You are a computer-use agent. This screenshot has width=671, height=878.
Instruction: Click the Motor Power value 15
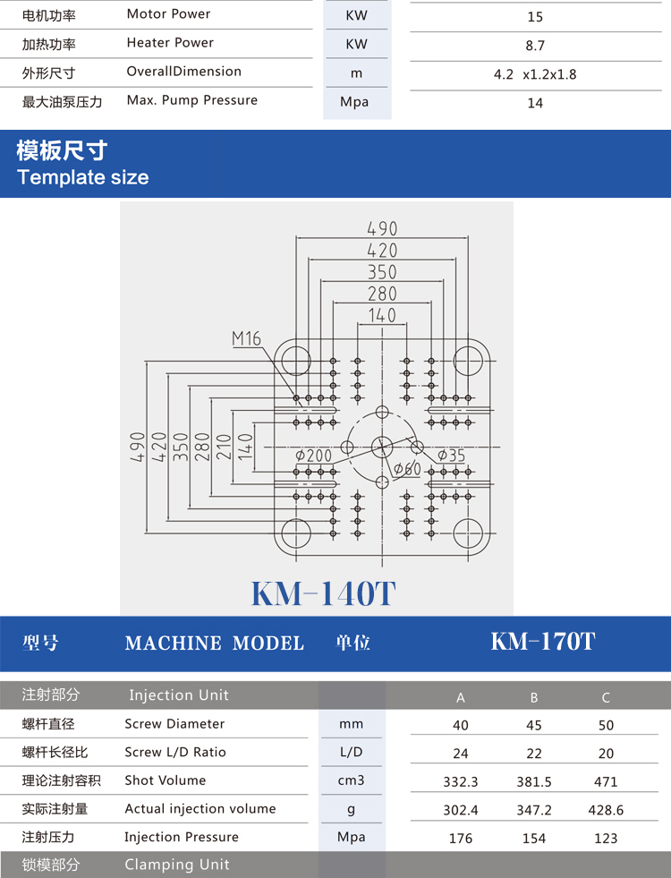click(535, 17)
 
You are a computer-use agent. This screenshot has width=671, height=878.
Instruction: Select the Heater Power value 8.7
click(535, 46)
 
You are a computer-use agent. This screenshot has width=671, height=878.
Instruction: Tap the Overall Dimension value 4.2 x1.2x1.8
click(535, 74)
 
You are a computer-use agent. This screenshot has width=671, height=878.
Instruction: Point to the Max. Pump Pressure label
click(191, 100)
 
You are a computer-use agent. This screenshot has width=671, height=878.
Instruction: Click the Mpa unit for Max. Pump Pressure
click(355, 102)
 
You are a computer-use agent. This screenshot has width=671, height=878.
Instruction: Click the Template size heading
click(83, 176)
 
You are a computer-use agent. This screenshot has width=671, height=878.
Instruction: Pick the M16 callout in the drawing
click(246, 338)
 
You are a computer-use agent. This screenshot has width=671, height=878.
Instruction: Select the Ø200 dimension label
click(314, 456)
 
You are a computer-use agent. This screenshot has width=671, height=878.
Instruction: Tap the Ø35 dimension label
click(452, 456)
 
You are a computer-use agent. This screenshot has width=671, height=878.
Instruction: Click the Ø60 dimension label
click(406, 469)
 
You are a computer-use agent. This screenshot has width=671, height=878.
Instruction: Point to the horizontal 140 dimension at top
click(382, 315)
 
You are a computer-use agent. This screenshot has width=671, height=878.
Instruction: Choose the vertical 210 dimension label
click(224, 445)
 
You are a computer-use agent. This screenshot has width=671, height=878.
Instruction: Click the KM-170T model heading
click(543, 642)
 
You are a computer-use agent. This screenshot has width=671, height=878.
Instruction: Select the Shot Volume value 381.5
click(533, 781)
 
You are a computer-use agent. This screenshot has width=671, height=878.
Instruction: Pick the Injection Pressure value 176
click(461, 839)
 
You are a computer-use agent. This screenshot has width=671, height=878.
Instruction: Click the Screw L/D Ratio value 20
click(606, 754)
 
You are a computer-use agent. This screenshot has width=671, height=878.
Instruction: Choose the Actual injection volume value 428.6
click(606, 810)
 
